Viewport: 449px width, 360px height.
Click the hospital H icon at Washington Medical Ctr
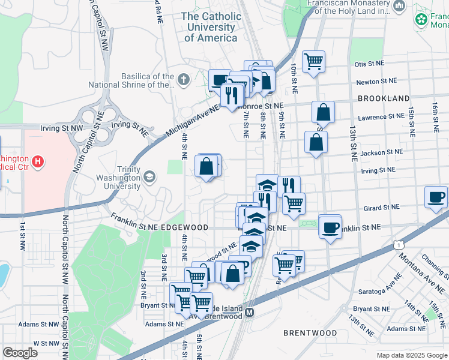pos(38,161)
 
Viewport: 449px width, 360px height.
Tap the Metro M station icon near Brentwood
pos(250,313)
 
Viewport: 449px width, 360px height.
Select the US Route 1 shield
pos(397,244)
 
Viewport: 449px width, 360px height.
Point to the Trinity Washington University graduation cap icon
pos(148,176)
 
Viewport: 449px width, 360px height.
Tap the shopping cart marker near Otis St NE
pos(313,61)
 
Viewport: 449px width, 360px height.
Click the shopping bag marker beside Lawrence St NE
pos(323,112)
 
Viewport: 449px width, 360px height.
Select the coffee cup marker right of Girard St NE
pos(436,197)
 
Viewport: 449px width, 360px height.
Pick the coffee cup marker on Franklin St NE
pos(330,227)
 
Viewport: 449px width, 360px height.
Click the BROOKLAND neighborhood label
pos(384,98)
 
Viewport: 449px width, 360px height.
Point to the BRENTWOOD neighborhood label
pos(310,332)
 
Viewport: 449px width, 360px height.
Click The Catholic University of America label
pos(211,27)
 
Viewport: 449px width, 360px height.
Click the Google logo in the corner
pos(20,353)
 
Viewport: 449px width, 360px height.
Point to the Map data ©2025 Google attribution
pos(411,355)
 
